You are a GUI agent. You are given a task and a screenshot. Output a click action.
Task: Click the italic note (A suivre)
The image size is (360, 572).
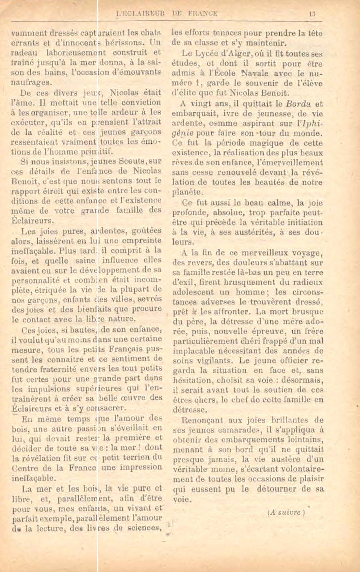[x=286, y=512]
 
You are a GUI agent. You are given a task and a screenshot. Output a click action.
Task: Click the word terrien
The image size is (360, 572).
[x=146, y=457]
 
